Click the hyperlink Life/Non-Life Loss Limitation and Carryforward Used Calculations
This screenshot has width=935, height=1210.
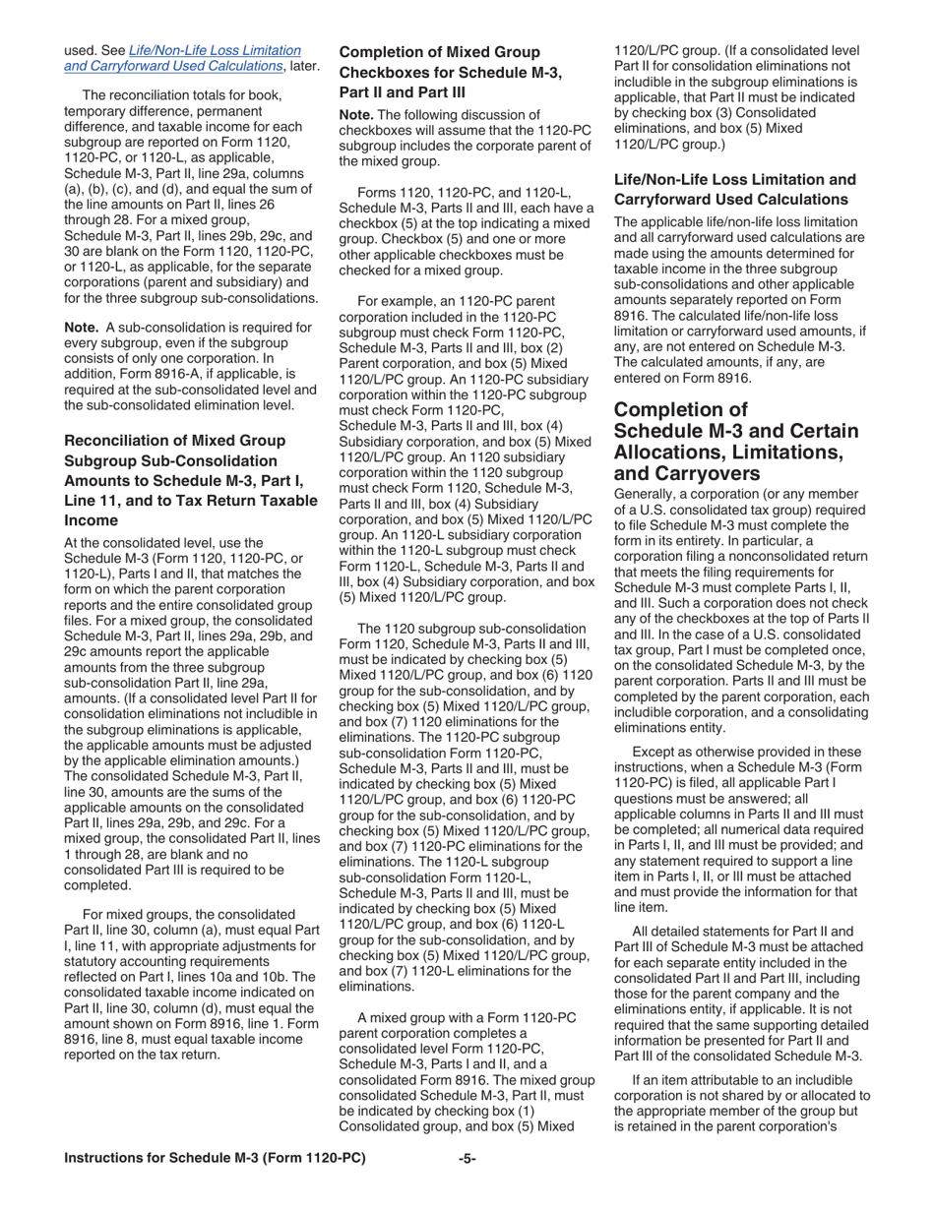tap(183, 58)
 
